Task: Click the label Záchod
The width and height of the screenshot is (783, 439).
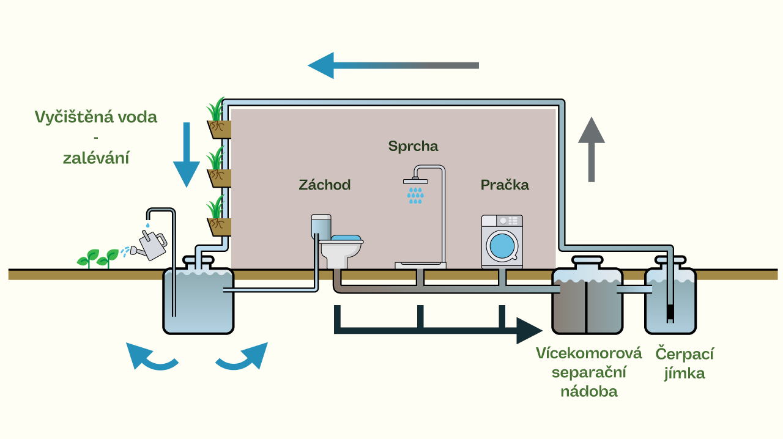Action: coord(325,185)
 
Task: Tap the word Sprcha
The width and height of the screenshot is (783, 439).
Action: coord(413,146)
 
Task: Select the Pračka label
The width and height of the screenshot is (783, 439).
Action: coord(505,185)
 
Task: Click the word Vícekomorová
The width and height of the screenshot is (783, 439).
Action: coord(589,353)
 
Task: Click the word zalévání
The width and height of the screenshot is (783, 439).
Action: coord(96,158)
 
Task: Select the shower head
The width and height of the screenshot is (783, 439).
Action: coord(415,181)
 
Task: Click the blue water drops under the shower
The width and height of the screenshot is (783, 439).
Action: coord(415,196)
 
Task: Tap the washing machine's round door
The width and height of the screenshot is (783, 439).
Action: coord(502,246)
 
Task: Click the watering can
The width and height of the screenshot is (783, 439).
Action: coord(149,245)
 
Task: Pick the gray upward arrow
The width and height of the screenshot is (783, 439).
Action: coord(592,150)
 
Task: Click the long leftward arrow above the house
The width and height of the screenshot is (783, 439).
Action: coord(393,65)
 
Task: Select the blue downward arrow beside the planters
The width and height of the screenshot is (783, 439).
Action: coord(187,155)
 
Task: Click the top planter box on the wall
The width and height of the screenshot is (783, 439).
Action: coord(219,130)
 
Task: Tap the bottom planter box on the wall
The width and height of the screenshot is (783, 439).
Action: coord(219,227)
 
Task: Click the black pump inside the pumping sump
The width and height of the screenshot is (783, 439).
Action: coord(670,314)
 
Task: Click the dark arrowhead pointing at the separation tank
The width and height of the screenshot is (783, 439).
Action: coord(529,331)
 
